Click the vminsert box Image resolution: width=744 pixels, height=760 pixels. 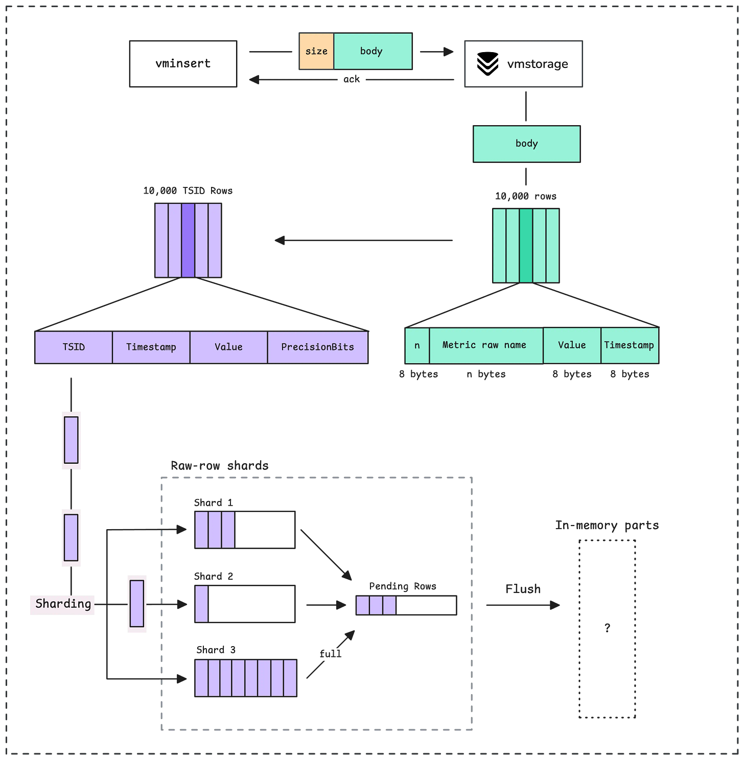183,64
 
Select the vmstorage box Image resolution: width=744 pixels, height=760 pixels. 523,64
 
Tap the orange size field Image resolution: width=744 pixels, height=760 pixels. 316,51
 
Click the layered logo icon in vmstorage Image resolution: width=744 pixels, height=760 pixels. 487,64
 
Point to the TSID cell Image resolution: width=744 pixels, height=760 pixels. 74,347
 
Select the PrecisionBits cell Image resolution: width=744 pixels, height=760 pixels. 317,347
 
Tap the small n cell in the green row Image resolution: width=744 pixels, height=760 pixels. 417,346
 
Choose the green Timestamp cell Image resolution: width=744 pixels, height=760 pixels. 630,346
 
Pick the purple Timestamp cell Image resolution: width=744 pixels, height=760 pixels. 151,347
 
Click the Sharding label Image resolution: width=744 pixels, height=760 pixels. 62,604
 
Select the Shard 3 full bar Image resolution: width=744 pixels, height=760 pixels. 246,678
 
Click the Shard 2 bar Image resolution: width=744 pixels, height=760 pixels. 245,604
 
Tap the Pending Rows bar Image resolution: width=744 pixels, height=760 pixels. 406,605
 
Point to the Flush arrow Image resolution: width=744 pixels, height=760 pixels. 523,605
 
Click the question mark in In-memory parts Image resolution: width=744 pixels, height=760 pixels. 607,628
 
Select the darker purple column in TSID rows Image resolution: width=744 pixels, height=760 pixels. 188,240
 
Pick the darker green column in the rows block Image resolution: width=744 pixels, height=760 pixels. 526,246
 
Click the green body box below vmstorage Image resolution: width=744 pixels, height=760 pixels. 526,144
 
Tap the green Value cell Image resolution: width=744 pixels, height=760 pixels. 572,346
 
